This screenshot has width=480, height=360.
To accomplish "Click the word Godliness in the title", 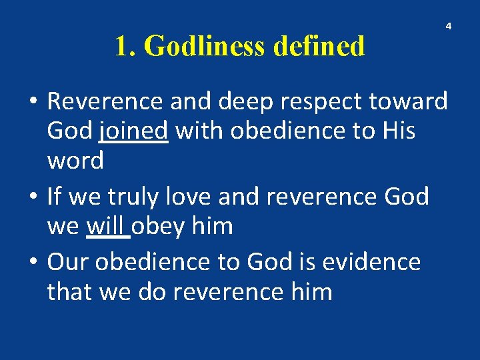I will click(204, 47).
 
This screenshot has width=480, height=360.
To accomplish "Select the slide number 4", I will click(448, 26).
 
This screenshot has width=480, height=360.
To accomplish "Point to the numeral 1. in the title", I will click(126, 47).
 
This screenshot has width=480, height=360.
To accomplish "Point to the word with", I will click(199, 131).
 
